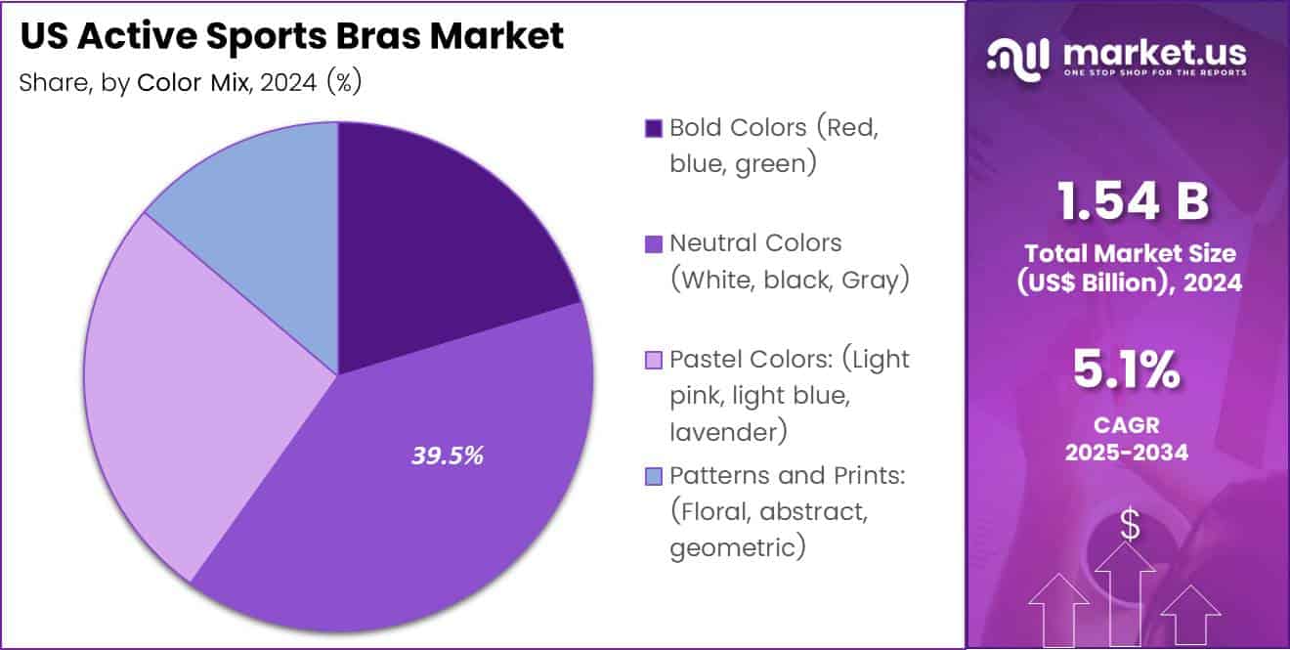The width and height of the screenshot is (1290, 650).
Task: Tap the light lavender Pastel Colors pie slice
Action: click(x=176, y=391)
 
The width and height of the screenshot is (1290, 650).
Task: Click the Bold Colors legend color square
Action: click(x=654, y=128)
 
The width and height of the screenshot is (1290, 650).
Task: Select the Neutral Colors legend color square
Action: click(x=654, y=243)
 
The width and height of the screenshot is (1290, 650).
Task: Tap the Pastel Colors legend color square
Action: click(x=654, y=360)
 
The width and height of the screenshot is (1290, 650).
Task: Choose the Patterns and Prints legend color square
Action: click(x=654, y=476)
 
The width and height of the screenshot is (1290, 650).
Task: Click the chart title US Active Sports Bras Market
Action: click(x=291, y=36)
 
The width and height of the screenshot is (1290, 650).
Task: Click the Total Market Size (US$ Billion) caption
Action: click(x=1130, y=268)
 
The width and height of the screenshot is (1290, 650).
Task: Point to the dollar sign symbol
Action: click(x=1130, y=526)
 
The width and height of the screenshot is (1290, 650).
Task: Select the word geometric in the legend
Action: click(x=738, y=547)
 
